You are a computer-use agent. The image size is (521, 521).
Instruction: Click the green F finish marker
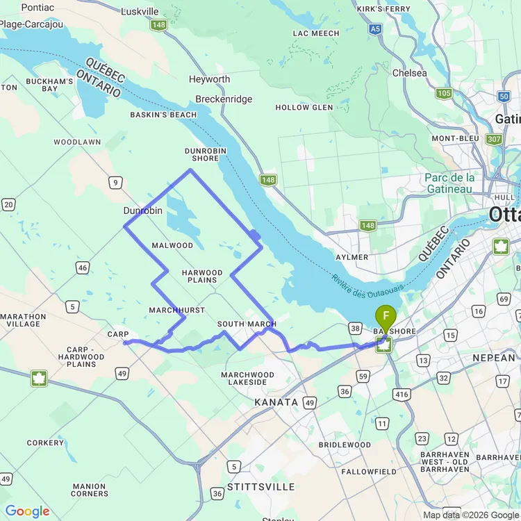(386, 317)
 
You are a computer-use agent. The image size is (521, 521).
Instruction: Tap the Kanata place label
(276, 402)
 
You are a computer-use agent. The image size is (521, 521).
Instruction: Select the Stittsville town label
(260, 487)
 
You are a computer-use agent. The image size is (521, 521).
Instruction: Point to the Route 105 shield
(444, 93)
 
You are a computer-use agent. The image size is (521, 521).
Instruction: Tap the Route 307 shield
(494, 139)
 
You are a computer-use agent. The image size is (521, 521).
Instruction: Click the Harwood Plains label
(202, 276)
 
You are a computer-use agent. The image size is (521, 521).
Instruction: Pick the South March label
(246, 324)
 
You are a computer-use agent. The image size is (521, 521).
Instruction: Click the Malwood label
(172, 245)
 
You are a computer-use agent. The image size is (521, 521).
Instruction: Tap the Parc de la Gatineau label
(449, 183)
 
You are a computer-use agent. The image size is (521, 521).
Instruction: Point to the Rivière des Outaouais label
(368, 283)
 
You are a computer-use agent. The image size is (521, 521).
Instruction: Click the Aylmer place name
(351, 257)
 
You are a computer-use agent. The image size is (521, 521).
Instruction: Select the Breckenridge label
(224, 99)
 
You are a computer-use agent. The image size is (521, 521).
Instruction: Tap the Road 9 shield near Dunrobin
(115, 183)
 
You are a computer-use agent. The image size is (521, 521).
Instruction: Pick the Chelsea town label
(409, 73)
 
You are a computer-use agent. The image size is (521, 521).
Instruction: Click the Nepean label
(494, 358)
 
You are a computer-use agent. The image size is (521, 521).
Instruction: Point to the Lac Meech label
(316, 33)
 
